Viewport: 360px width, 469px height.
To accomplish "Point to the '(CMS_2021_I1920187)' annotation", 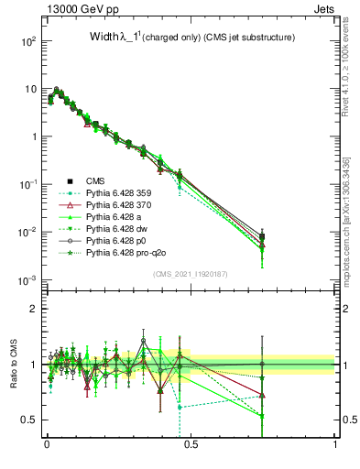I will click(191, 274).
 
